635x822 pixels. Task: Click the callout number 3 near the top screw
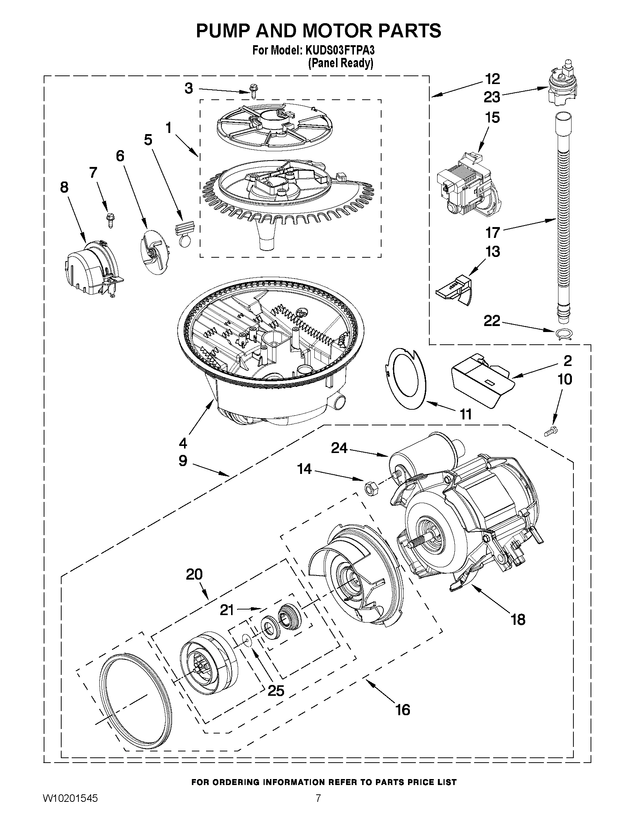click(189, 89)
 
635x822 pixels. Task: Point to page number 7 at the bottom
click(318, 807)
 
